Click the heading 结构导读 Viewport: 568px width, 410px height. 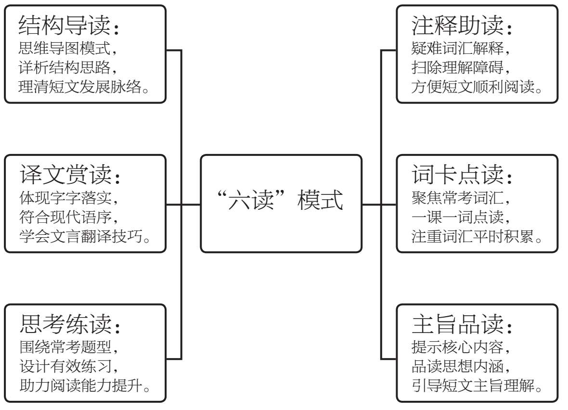pyautogui.click(x=65, y=25)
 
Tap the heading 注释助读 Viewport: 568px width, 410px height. pyautogui.click(x=457, y=25)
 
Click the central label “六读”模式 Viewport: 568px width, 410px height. pyautogui.click(x=280, y=200)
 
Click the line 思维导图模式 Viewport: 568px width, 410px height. pyautogui.click(x=65, y=48)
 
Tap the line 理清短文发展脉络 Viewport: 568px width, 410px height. pyautogui.click(x=80, y=87)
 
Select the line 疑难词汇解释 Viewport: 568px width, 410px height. pyautogui.click(x=457, y=48)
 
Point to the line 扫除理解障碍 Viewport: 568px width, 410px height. pyautogui.click(x=457, y=67)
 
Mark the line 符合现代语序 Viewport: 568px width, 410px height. pyautogui.click(x=65, y=217)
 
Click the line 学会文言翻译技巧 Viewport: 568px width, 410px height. pyautogui.click(x=81, y=236)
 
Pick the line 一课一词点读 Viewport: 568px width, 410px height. pyautogui.click(x=457, y=217)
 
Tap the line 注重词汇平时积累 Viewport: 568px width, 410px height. pyautogui.click(x=473, y=236)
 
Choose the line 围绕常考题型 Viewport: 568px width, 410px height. pyautogui.click(x=65, y=347)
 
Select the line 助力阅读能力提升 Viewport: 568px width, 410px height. pyautogui.click(x=81, y=385)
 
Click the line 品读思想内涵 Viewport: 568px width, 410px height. pyautogui.click(x=457, y=366)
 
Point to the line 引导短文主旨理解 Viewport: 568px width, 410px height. pyautogui.click(x=473, y=385)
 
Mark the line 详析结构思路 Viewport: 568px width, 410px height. pyautogui.click(x=65, y=67)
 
